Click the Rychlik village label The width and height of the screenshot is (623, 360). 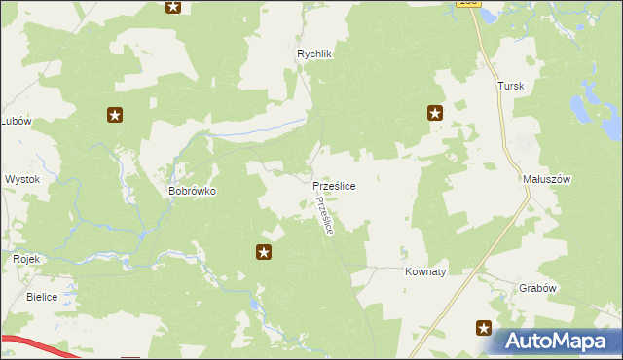pyautogui.click(x=315, y=54)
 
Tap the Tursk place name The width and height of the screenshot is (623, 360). pyautogui.click(x=511, y=86)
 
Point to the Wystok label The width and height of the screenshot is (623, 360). pyautogui.click(x=21, y=180)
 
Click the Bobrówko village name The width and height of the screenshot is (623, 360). pyautogui.click(x=192, y=192)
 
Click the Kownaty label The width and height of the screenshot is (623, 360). pyautogui.click(x=425, y=272)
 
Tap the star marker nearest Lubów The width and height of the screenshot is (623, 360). pyautogui.click(x=115, y=116)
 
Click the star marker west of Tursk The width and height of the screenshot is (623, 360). pyautogui.click(x=435, y=113)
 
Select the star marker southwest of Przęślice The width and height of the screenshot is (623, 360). pyautogui.click(x=264, y=253)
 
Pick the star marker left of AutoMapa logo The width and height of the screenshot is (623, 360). pyautogui.click(x=483, y=328)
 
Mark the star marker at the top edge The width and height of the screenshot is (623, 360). pyautogui.click(x=173, y=7)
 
